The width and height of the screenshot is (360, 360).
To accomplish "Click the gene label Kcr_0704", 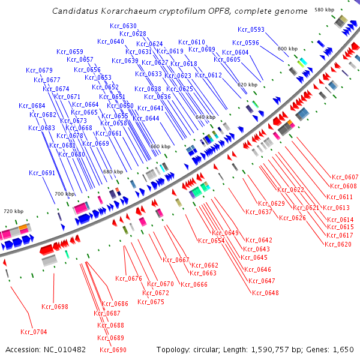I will click(x=34, y=332).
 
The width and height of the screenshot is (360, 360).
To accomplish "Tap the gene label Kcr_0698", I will click(x=55, y=307).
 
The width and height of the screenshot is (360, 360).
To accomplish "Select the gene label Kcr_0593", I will click(x=251, y=29).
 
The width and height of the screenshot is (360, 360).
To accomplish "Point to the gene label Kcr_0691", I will click(x=42, y=173).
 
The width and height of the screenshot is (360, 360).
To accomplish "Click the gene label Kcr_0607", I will click(x=345, y=177).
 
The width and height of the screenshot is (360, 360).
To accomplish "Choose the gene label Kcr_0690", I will click(x=113, y=350).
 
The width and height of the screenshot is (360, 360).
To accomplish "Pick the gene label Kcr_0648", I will click(x=266, y=293).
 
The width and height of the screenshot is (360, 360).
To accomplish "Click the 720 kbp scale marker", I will click(x=13, y=211).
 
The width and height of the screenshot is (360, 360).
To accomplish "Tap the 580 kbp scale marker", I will click(x=325, y=10).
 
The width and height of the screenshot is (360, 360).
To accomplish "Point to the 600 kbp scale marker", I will click(x=287, y=48).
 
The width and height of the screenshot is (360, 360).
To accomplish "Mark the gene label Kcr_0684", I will click(x=32, y=106).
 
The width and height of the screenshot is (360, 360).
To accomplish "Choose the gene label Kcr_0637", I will click(x=259, y=212).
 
